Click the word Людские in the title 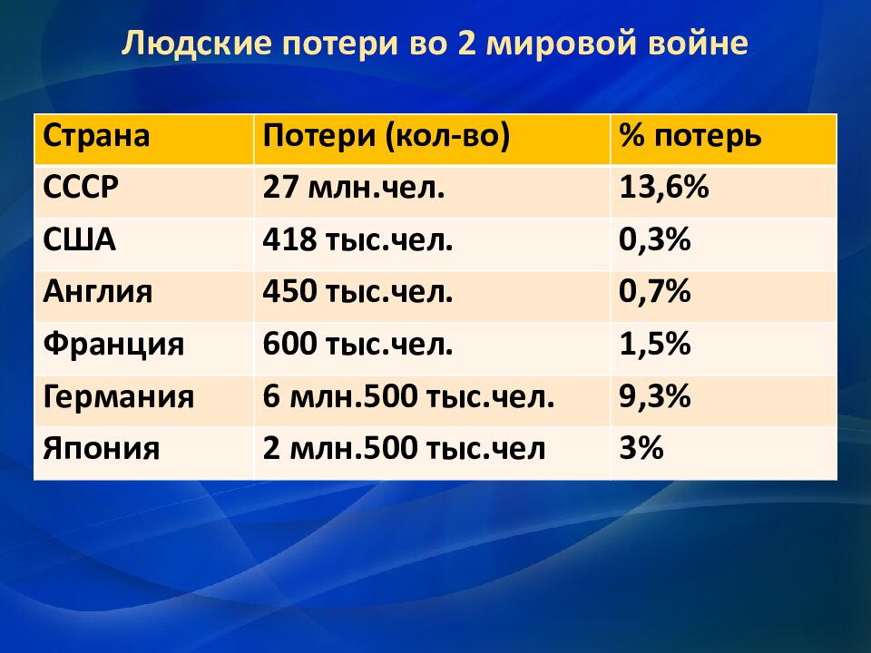tap(196, 44)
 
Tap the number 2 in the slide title tap(467, 44)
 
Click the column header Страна tap(96, 136)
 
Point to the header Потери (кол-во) tap(387, 136)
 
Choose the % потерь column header tap(690, 136)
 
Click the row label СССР tap(81, 188)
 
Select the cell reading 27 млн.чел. tap(354, 188)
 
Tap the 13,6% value tap(664, 188)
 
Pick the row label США tap(80, 239)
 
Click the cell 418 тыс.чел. tap(357, 239)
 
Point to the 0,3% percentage tap(655, 239)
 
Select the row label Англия tap(98, 291)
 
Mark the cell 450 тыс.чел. tap(357, 291)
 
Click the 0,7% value tap(655, 291)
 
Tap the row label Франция tap(113, 345)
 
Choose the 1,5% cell tap(655, 344)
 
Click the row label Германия tap(118, 396)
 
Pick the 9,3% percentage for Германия tap(655, 396)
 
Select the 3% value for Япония tap(641, 447)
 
